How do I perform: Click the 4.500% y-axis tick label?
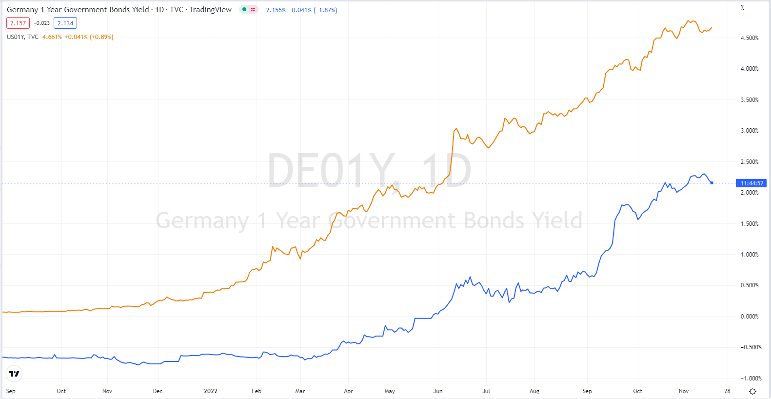pyautogui.click(x=750, y=38)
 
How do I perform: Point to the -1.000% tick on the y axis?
pyautogui.click(x=751, y=379)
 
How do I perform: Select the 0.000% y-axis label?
pyautogui.click(x=750, y=317)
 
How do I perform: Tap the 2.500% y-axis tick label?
pyautogui.click(x=750, y=162)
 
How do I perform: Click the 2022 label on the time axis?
pyautogui.click(x=211, y=391)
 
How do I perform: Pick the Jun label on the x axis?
pyautogui.click(x=438, y=391)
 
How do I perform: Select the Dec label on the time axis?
pyautogui.click(x=158, y=391)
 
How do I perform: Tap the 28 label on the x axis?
pyautogui.click(x=727, y=391)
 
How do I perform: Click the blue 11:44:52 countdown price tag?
pyautogui.click(x=751, y=183)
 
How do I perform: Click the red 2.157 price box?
pyautogui.click(x=18, y=23)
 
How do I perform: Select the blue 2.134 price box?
pyautogui.click(x=65, y=23)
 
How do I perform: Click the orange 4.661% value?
pyautogui.click(x=52, y=37)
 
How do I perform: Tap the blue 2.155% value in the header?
pyautogui.click(x=276, y=10)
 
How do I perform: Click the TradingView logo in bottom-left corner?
pyautogui.click(x=14, y=374)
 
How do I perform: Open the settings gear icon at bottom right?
pyautogui.click(x=752, y=391)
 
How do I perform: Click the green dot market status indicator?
pyautogui.click(x=244, y=9)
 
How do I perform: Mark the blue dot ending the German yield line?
pyautogui.click(x=712, y=183)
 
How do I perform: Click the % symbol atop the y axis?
pyautogui.click(x=742, y=8)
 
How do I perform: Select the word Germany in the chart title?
pyautogui.click(x=22, y=10)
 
